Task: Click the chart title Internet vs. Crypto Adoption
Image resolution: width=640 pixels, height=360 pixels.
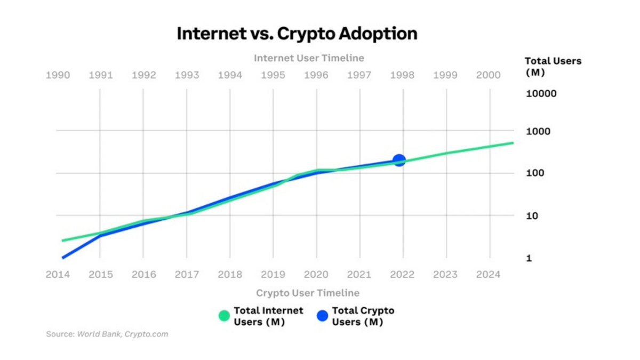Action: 297,34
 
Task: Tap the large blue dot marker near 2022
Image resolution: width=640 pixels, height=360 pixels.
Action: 399,160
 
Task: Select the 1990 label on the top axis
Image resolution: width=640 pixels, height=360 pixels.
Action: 58,75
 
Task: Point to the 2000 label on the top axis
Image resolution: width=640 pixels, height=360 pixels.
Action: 488,75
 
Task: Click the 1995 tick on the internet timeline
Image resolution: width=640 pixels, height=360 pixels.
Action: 273,75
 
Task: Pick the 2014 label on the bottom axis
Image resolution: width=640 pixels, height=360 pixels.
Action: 58,275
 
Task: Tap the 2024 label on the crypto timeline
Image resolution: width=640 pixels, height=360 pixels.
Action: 488,275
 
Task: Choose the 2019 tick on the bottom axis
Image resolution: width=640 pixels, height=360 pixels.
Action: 273,275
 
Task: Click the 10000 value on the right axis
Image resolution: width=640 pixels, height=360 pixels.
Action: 541,94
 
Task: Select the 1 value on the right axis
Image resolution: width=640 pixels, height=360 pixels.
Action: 530,258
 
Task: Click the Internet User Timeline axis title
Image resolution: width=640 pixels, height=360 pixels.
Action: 309,58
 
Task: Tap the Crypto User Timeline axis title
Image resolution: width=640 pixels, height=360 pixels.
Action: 307,293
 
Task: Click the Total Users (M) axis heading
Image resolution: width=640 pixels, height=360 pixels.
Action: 553,67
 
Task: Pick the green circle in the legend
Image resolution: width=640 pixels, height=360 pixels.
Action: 224,316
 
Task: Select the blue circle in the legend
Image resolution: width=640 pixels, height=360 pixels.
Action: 322,316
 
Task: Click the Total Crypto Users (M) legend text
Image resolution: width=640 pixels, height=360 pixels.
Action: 363,316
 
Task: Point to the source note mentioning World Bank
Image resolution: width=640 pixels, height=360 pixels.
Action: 107,334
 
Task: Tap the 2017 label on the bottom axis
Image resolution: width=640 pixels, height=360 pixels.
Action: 187,275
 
